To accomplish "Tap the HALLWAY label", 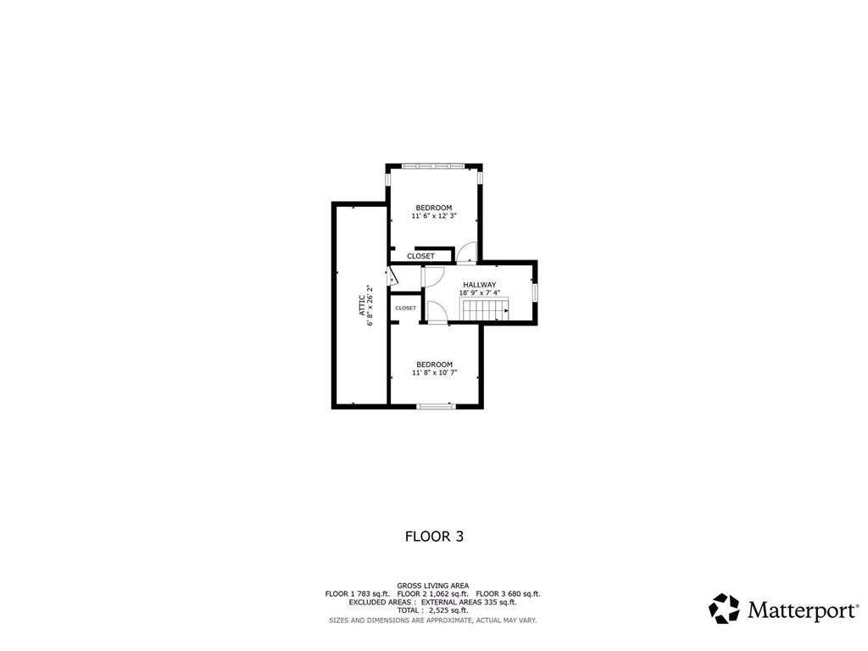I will [479, 285].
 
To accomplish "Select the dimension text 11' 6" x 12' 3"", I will [434, 216].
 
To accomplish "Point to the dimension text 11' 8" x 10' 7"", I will [434, 372].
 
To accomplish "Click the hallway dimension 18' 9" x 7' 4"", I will [480, 293].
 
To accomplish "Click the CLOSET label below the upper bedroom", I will [420, 256].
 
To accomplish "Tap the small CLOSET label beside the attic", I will [405, 308].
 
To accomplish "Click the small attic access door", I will [392, 275].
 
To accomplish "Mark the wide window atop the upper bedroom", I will [433, 165].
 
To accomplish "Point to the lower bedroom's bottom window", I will [437, 407].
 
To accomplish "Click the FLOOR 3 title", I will [434, 536].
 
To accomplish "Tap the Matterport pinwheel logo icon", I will [724, 609].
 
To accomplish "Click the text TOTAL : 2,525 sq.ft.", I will [433, 610].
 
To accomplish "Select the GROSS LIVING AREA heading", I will [433, 586].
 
